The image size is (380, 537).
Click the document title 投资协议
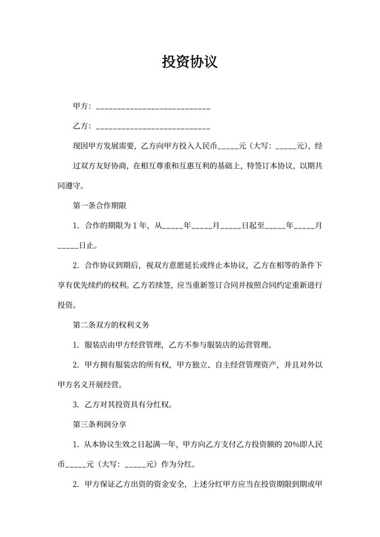pyautogui.click(x=189, y=62)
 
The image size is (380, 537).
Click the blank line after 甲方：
pyautogui.click(x=153, y=108)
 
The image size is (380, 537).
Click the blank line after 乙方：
pyautogui.click(x=153, y=127)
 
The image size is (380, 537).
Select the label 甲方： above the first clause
pyautogui.click(x=81, y=107)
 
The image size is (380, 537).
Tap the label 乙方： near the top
pyautogui.click(x=81, y=126)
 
